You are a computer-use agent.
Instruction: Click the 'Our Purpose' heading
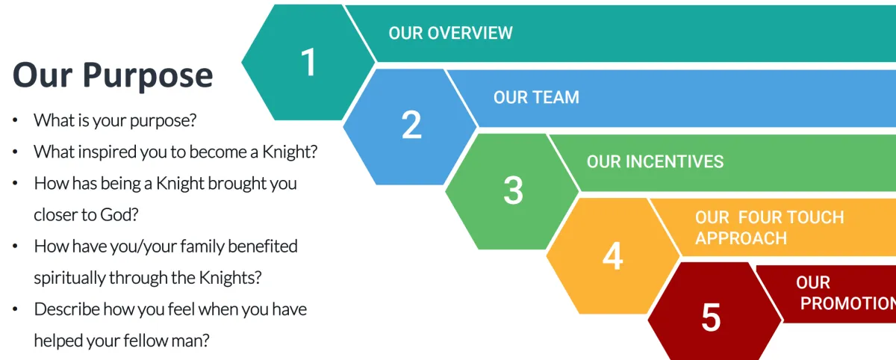tap(113, 75)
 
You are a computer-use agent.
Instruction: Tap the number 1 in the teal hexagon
tap(308, 62)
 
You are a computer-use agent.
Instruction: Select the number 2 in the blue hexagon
tap(411, 125)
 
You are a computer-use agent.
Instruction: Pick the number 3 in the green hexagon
tap(513, 190)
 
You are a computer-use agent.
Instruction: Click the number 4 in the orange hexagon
tap(612, 257)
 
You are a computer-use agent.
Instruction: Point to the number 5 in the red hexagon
tap(711, 318)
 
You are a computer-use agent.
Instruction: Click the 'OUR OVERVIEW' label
tap(450, 33)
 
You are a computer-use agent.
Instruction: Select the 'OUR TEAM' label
tap(536, 97)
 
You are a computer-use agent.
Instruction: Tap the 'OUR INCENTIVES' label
tap(655, 161)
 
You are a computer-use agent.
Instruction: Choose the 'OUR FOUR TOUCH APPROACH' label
tap(769, 228)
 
